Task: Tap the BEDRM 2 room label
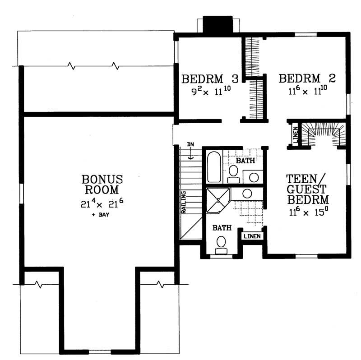click(x=307, y=78)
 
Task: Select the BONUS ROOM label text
click(x=102, y=184)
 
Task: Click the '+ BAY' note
click(x=101, y=215)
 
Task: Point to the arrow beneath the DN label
click(x=191, y=155)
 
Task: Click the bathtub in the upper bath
click(x=214, y=166)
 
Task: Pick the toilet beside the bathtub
click(x=233, y=173)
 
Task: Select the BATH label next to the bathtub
click(x=246, y=160)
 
